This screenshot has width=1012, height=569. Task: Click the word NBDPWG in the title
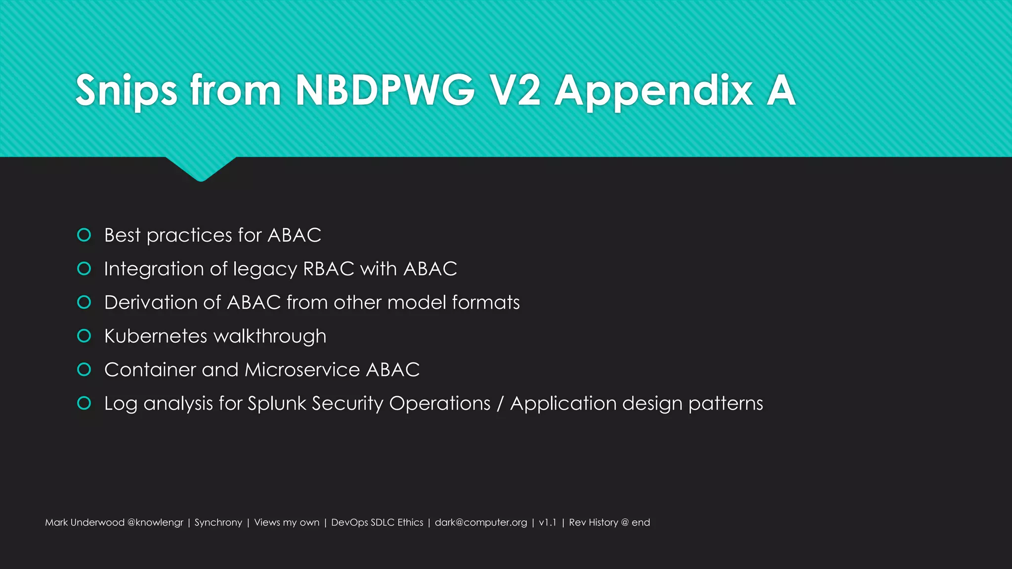[385, 90]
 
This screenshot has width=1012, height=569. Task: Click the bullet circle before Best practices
[84, 235]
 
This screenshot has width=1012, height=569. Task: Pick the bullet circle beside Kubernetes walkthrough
[84, 336]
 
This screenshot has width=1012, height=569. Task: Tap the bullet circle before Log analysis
[84, 403]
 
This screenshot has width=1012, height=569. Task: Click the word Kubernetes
[156, 336]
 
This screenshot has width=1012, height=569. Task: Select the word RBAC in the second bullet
[329, 269]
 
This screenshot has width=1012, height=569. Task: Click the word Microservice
[302, 369]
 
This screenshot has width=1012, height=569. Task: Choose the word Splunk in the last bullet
[277, 404]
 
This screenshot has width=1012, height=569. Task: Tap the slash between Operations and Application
[500, 404]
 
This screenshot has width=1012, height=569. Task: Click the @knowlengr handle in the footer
[155, 523]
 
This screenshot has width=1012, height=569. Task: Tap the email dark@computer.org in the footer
[481, 523]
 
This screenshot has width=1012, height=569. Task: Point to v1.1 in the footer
[548, 523]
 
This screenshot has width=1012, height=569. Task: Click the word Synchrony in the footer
[218, 523]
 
